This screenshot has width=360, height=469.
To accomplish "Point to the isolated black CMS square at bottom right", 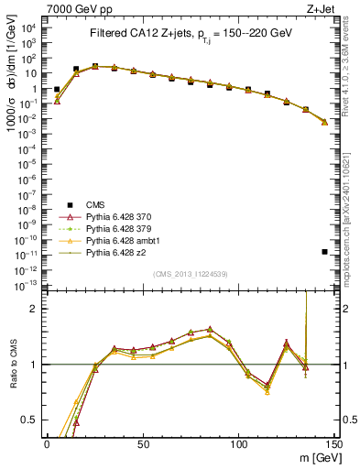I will click(325, 251).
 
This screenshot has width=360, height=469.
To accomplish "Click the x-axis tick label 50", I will click(143, 442).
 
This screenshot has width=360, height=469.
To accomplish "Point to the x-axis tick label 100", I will click(238, 442).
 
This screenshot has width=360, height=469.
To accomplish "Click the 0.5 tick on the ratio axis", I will click(34, 420).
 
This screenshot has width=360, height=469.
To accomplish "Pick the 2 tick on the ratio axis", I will click(38, 309).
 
